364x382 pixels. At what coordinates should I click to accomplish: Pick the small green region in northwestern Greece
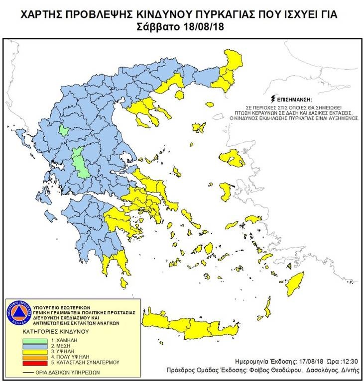tap(64, 131)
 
